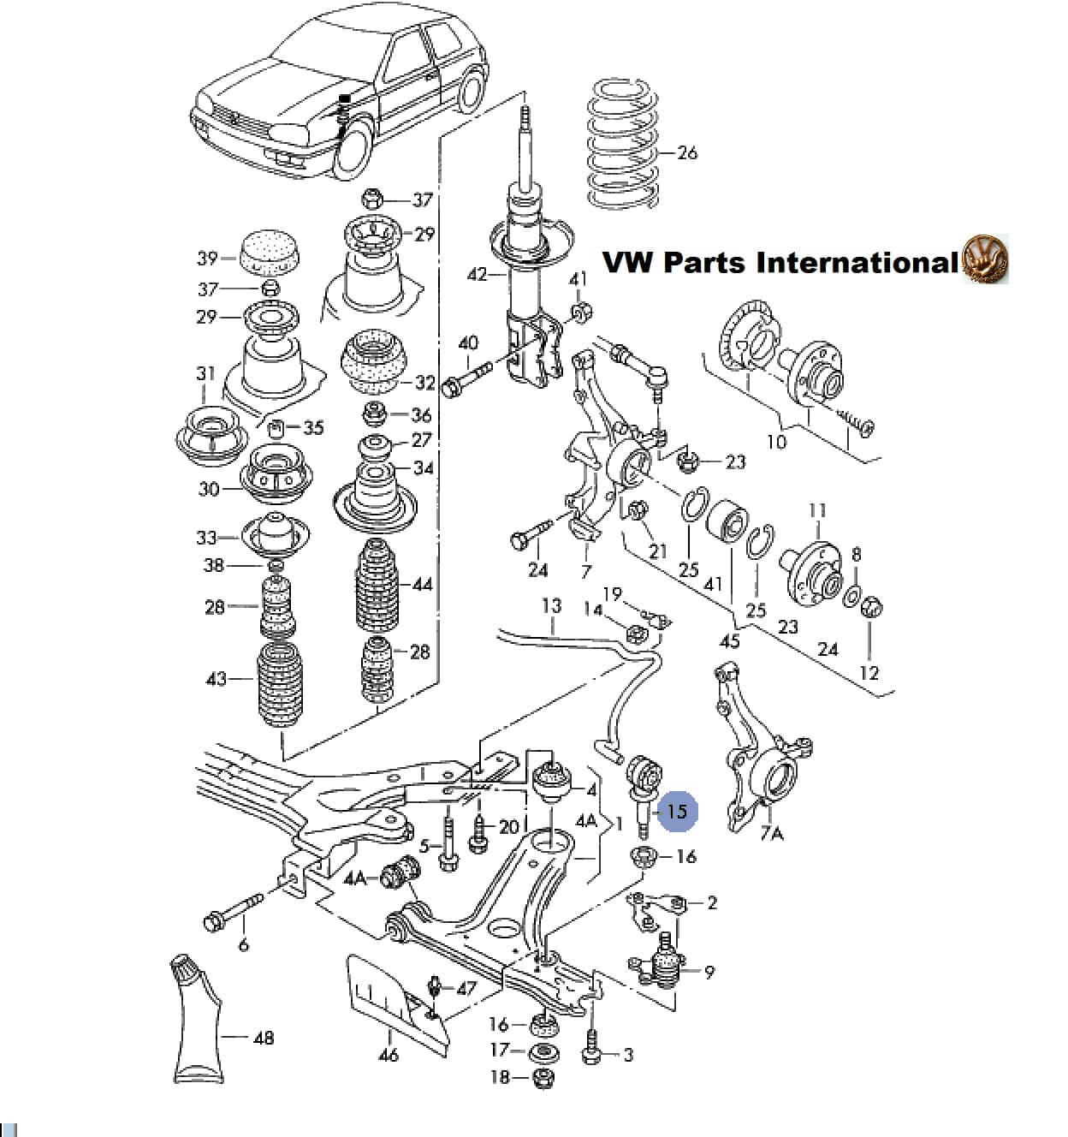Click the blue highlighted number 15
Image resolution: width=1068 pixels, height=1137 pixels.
coord(677,811)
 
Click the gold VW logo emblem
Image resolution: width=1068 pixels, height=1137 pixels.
coord(986,259)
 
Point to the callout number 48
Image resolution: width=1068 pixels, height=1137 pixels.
coord(264,1038)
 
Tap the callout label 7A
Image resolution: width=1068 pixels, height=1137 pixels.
coord(772,832)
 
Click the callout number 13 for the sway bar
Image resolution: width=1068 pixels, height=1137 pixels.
coord(551,606)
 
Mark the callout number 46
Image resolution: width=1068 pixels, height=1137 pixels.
coord(389,1055)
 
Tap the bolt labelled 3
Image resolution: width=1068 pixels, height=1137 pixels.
coord(590,1053)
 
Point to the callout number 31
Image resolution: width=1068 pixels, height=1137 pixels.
coord(205,373)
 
